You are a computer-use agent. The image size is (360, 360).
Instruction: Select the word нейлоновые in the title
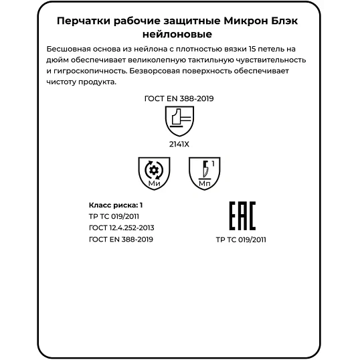[180, 34]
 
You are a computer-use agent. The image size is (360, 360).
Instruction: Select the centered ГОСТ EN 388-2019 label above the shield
[179, 99]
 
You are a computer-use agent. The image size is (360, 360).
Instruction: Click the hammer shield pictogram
[179, 121]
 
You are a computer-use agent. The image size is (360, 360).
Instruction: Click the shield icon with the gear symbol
[153, 173]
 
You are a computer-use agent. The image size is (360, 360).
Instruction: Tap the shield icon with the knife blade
[205, 173]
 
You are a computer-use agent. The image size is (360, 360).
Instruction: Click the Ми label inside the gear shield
[153, 183]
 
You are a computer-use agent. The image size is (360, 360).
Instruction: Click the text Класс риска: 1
[116, 204]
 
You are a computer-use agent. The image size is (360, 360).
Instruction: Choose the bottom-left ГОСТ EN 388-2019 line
[120, 239]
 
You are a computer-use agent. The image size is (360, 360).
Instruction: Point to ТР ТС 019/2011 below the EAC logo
[242, 239]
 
